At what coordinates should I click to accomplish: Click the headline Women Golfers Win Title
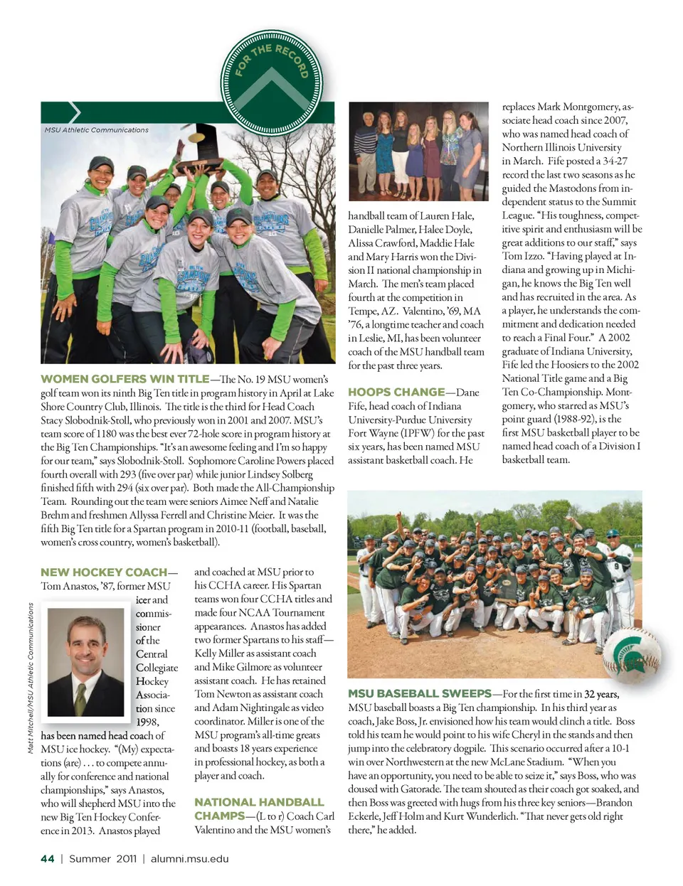coord(125,379)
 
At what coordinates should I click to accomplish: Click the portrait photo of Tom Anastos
coord(85,658)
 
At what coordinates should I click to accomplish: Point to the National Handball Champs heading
coord(259,808)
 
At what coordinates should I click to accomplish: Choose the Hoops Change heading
coord(396,392)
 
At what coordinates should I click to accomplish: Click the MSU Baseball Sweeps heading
coord(420,693)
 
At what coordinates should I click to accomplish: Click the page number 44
coord(48,859)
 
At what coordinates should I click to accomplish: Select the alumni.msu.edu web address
coord(190,859)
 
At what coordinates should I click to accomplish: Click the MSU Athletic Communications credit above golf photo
coord(97,130)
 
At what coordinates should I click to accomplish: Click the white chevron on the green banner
coord(74,112)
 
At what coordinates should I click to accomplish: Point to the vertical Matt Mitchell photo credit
coord(31,678)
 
